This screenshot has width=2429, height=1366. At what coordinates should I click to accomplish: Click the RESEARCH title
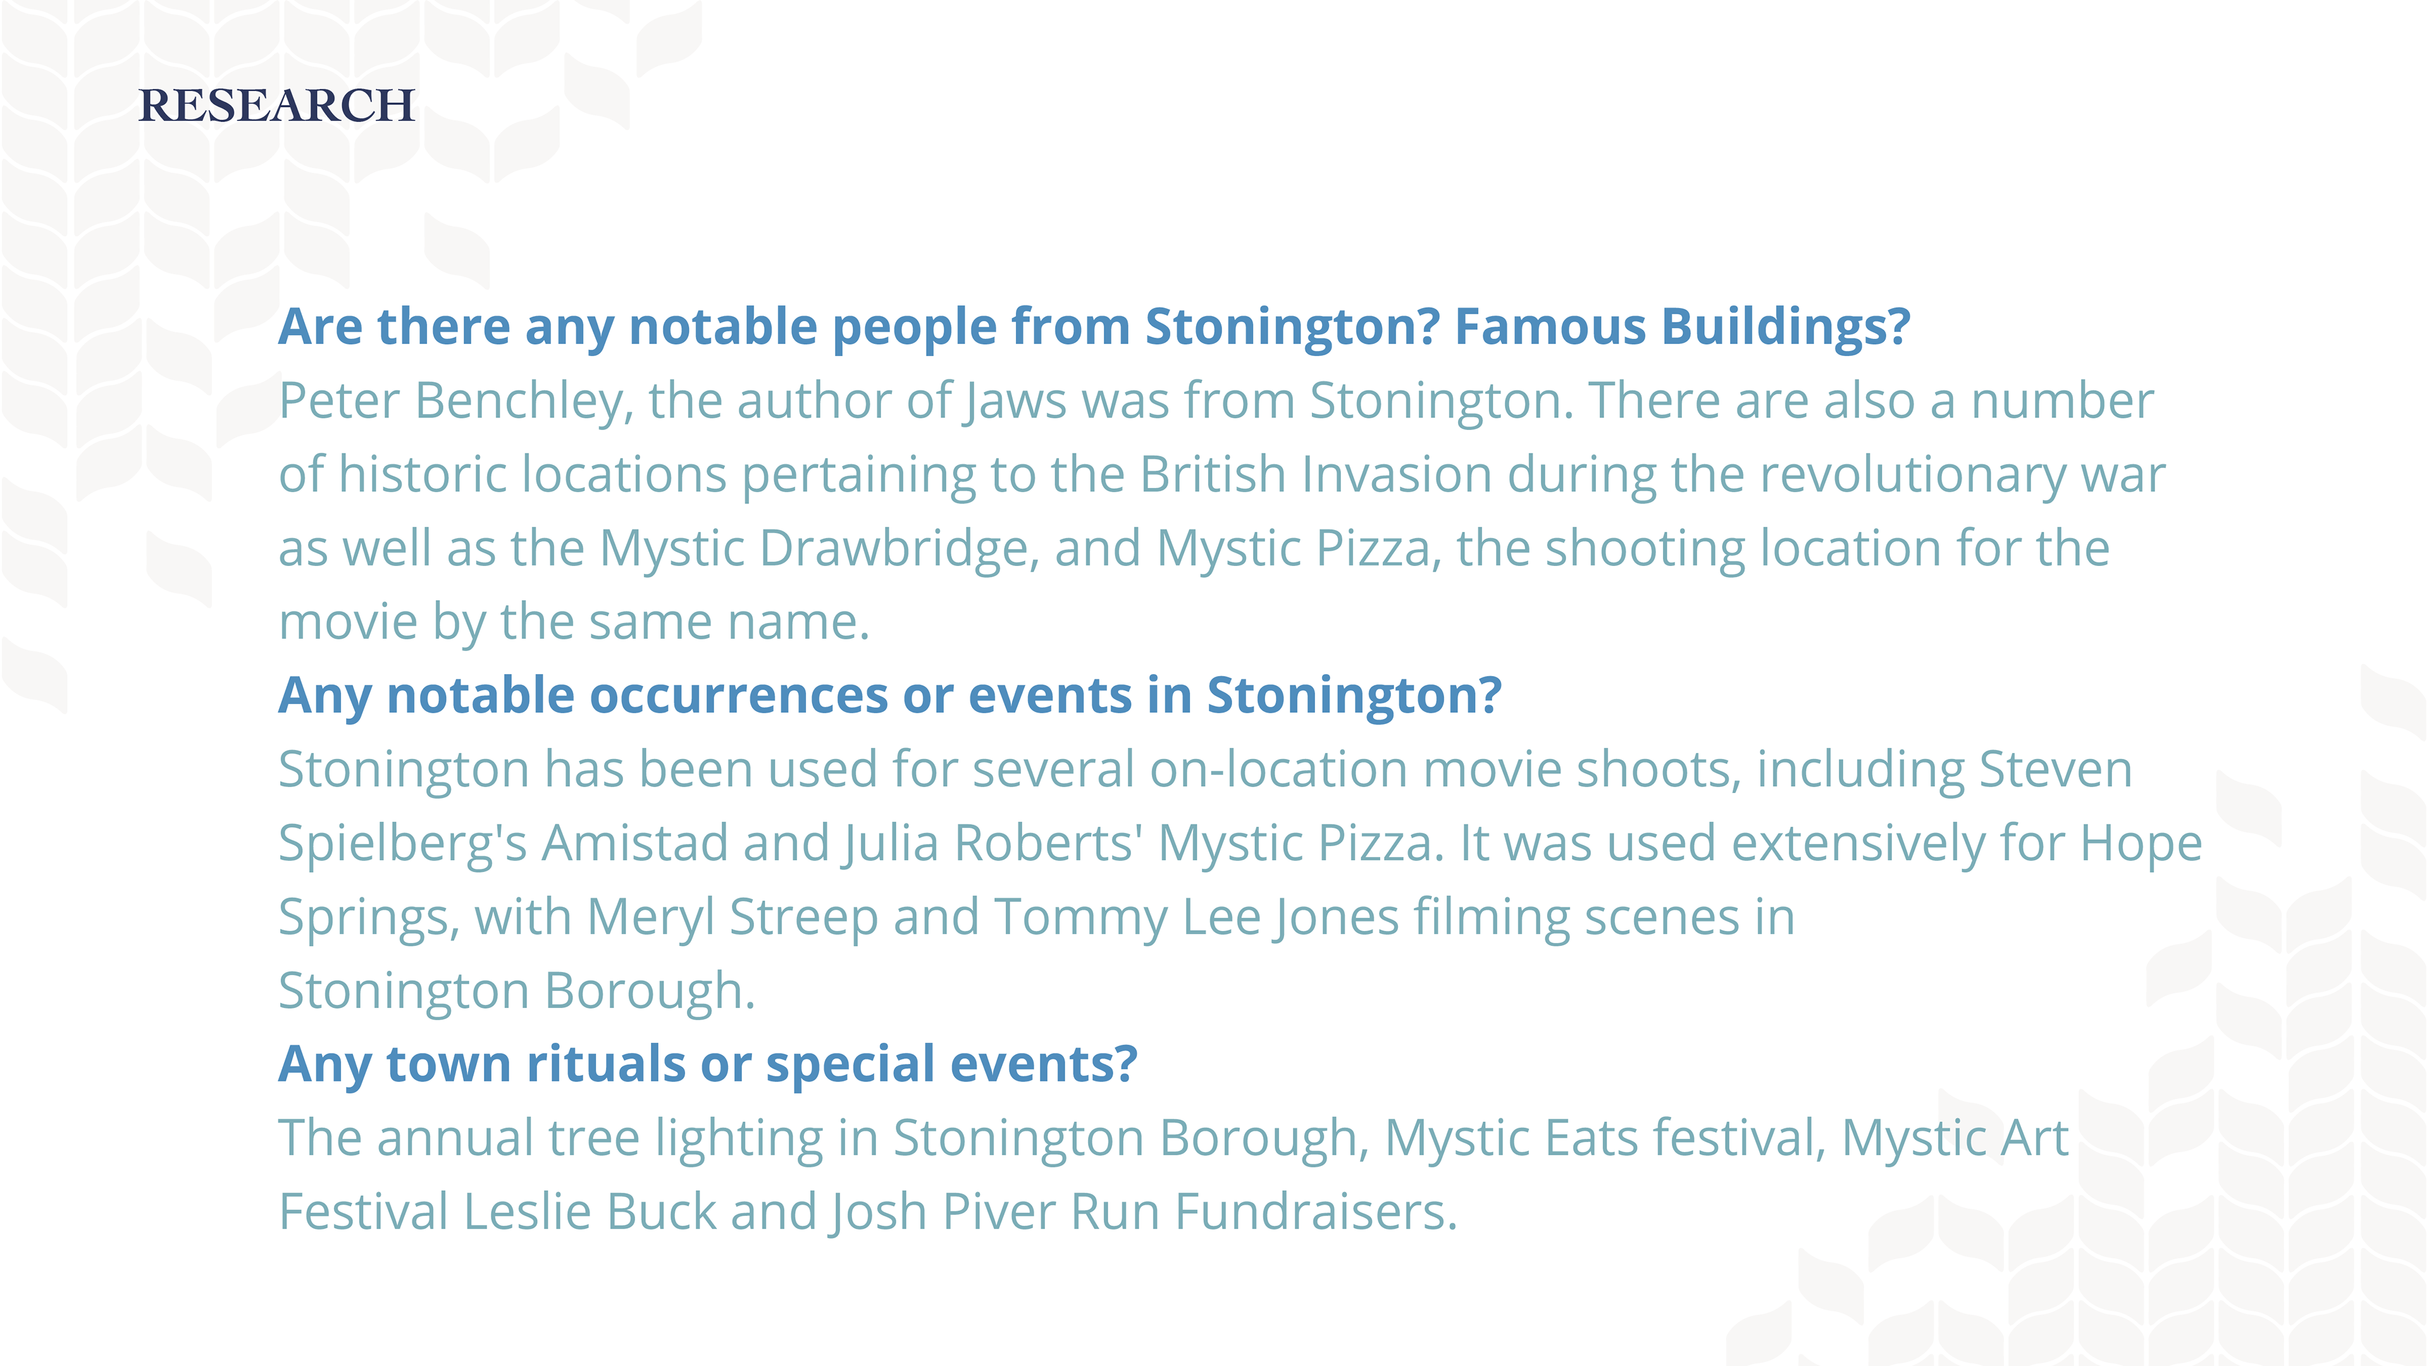[276, 106]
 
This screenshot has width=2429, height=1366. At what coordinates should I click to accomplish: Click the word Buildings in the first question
[1786, 327]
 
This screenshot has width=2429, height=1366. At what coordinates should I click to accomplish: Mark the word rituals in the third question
[605, 1064]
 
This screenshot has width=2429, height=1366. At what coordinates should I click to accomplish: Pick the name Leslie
[527, 1212]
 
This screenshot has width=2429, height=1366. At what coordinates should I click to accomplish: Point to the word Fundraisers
[1316, 1212]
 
